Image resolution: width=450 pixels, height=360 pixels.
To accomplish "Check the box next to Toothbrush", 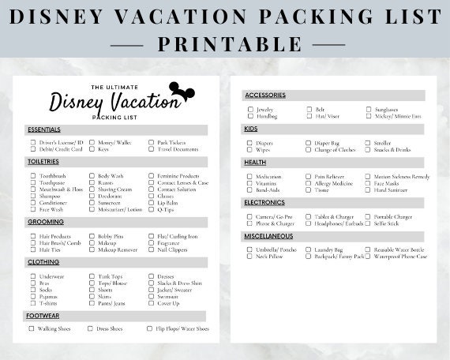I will [x=33, y=176].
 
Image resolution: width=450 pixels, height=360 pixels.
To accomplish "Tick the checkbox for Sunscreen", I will [x=92, y=203].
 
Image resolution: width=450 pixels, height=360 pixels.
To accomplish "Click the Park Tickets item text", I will [x=171, y=142].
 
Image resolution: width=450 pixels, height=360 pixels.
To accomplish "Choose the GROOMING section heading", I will [x=47, y=222].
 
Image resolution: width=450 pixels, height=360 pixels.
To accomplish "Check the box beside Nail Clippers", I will [x=151, y=249].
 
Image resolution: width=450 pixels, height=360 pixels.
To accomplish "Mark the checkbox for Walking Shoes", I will [x=33, y=328].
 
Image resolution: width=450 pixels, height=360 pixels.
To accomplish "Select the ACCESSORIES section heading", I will [x=265, y=96].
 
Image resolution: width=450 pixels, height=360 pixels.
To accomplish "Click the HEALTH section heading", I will [x=256, y=162].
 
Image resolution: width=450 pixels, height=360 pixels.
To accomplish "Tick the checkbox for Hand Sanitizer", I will [x=368, y=190].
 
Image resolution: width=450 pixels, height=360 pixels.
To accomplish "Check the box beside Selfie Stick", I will [x=368, y=223].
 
